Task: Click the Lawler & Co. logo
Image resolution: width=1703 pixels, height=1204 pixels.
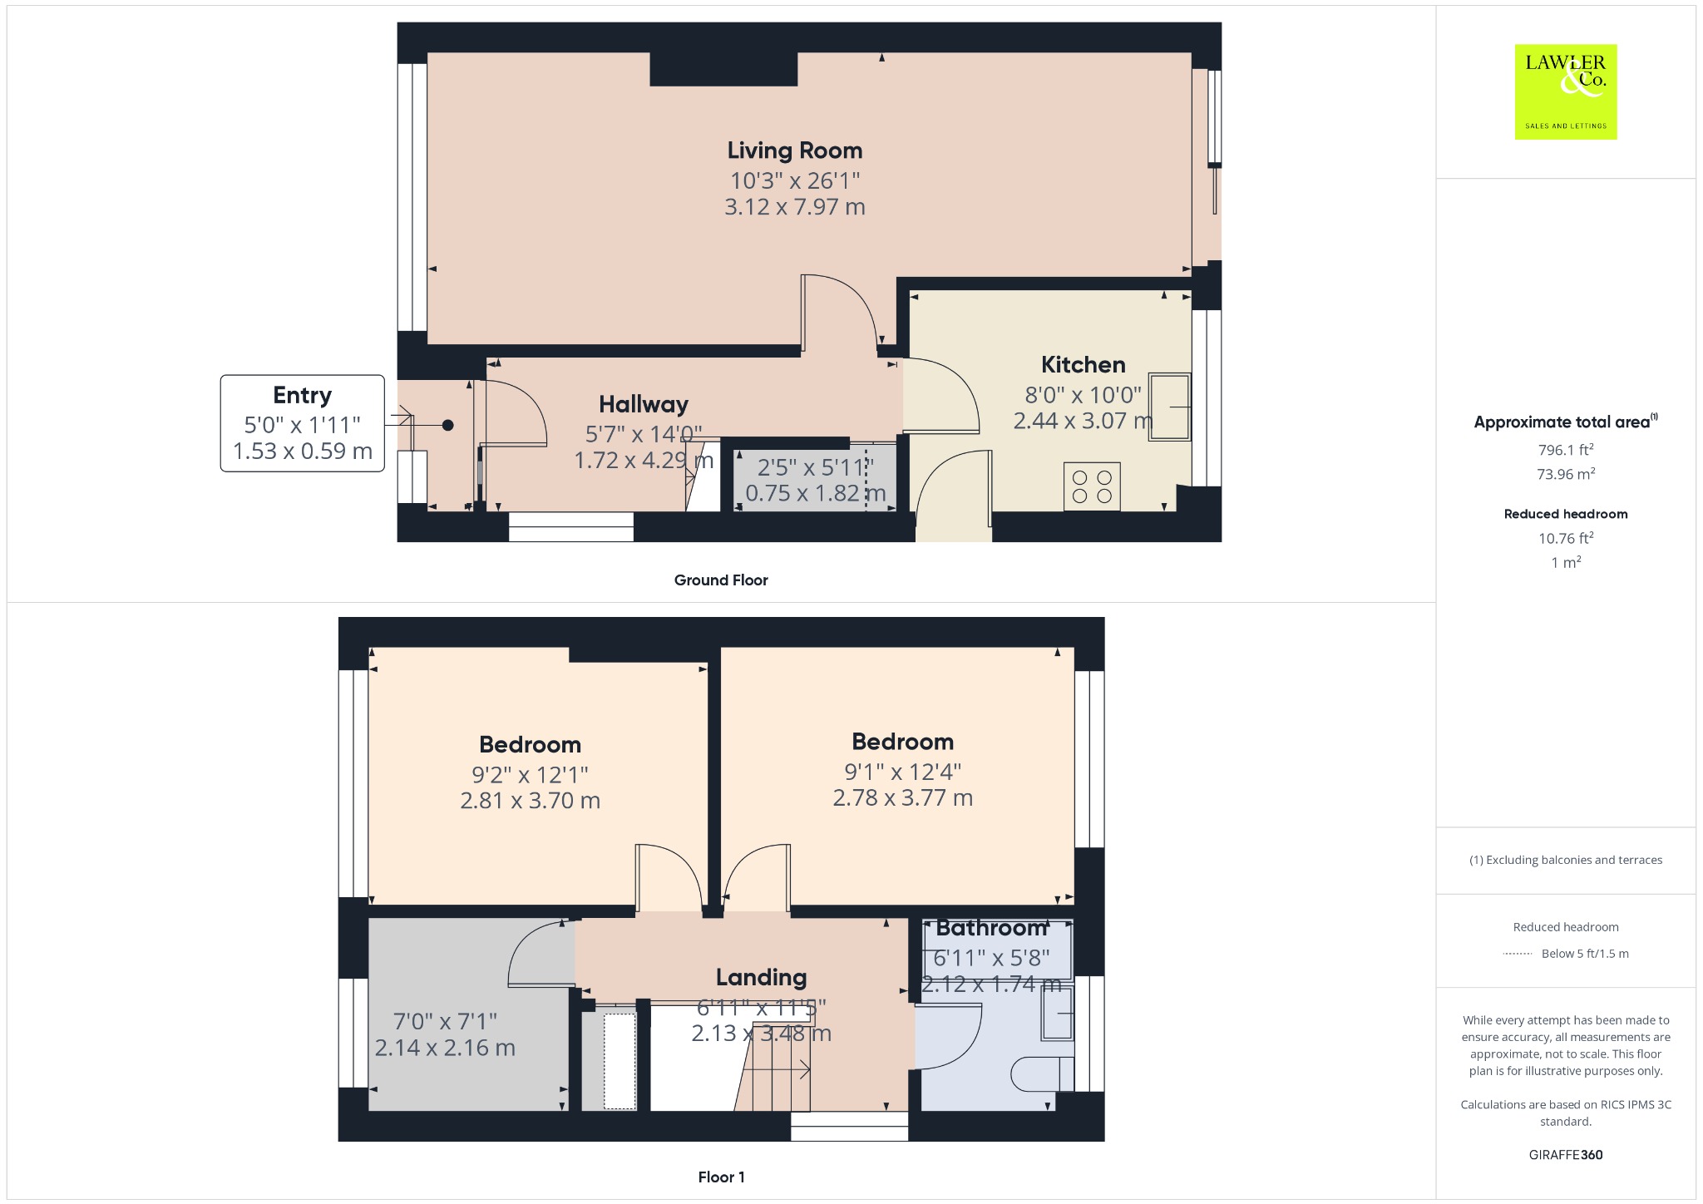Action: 1566,91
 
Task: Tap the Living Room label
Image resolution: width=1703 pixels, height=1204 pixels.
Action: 795,150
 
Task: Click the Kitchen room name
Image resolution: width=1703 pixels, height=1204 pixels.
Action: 1084,364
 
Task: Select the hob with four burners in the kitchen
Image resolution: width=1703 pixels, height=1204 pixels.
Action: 1092,486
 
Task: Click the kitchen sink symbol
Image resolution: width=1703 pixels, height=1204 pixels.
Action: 1170,407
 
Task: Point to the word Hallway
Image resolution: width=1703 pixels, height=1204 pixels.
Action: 644,404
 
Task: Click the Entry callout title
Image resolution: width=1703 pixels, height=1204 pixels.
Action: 303,395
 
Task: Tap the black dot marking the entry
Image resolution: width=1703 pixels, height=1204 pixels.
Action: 447,425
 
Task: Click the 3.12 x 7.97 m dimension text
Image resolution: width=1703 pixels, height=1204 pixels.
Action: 795,206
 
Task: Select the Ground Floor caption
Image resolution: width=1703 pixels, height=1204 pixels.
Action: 721,580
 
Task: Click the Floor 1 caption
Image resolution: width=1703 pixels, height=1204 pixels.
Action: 722,1177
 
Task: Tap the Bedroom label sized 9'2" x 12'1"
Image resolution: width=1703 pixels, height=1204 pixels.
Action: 530,744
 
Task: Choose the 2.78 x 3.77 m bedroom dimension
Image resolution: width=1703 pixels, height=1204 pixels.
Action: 903,798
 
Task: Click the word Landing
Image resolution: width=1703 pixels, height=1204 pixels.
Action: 762,977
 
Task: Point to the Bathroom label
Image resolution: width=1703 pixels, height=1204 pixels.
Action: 991,928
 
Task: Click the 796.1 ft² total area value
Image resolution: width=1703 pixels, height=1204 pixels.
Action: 1566,450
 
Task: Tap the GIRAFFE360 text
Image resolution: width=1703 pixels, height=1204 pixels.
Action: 1566,1155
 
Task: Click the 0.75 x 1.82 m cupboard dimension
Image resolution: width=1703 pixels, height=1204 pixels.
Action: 816,493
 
